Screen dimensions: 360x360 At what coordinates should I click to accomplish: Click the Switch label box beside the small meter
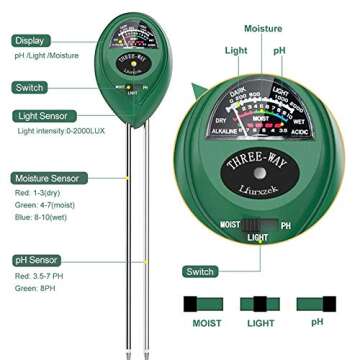click(31, 88)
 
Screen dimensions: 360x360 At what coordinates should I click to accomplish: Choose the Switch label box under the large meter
click(202, 271)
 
